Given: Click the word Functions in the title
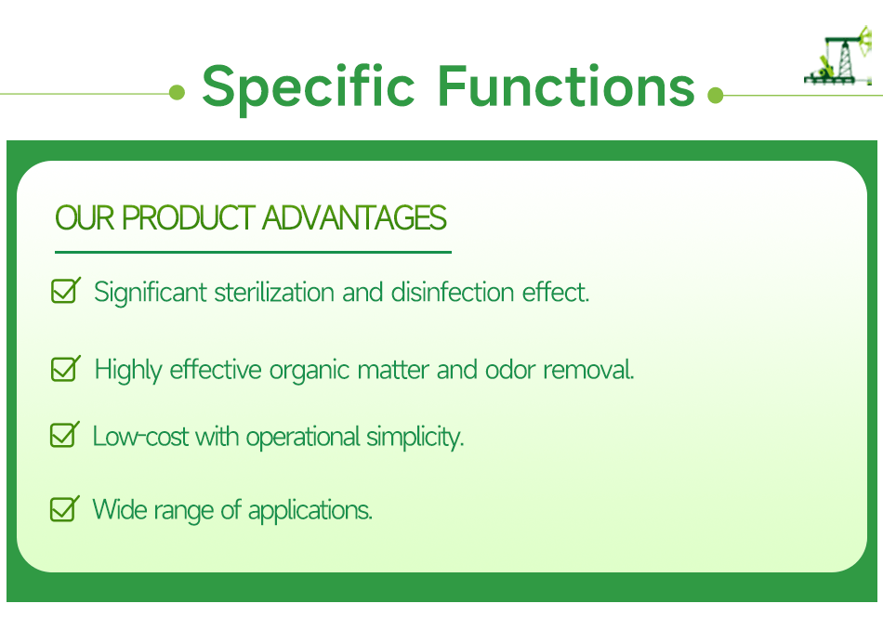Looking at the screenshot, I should [566, 86].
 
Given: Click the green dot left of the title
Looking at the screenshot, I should [178, 93].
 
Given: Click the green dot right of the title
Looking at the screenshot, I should [715, 95].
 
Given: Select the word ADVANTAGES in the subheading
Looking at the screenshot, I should [354, 218].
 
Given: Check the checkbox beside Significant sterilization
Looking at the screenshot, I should [64, 291].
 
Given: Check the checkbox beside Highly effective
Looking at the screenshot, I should [64, 369].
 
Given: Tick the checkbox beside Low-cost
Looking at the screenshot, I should [63, 435].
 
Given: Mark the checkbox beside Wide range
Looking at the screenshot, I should [63, 508].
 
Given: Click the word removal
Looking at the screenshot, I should [588, 370].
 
